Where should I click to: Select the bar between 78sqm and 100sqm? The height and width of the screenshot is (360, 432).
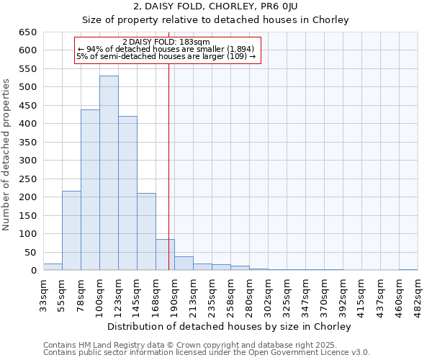pos(90,190)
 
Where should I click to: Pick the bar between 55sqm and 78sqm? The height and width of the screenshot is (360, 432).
pos(71,230)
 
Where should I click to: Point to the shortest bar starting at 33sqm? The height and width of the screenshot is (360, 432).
pos(53,266)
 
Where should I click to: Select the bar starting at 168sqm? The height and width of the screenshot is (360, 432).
pos(165,255)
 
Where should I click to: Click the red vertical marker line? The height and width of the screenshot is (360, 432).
pos(168,166)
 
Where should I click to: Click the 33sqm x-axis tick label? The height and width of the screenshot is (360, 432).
pos(43,294)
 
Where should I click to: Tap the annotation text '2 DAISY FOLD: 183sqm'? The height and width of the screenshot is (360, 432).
pos(166,42)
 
